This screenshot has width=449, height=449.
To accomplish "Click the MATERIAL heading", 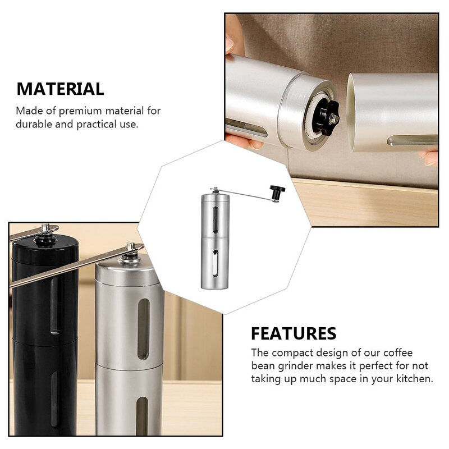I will pyautogui.click(x=60, y=89).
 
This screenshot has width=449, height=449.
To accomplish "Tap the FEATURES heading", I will pyautogui.click(x=294, y=333).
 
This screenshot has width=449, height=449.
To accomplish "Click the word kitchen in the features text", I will pyautogui.click(x=414, y=379).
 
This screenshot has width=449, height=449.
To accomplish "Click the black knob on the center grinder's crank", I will pyautogui.click(x=276, y=191).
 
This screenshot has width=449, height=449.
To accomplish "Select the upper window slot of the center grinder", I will pyautogui.click(x=218, y=216).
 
